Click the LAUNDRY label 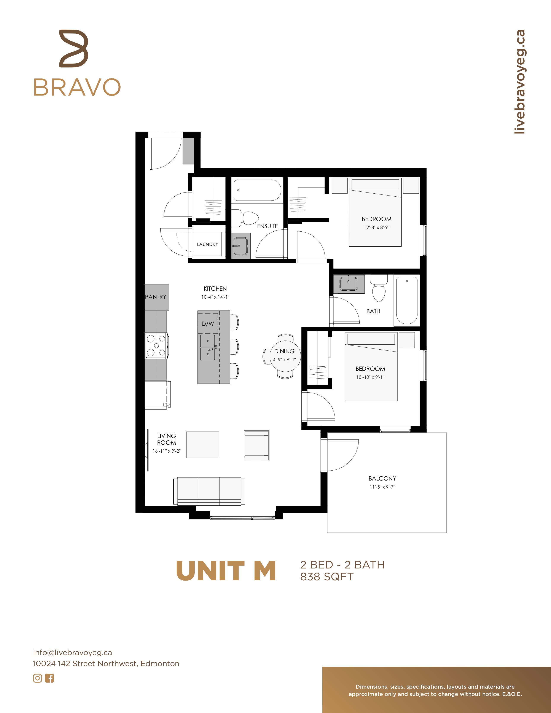[x=207, y=244]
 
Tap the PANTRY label [x=156, y=297]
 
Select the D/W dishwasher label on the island [x=208, y=324]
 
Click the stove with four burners [x=157, y=346]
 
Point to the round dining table [x=284, y=356]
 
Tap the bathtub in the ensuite [x=257, y=190]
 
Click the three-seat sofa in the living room [x=209, y=491]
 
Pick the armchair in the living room [x=256, y=445]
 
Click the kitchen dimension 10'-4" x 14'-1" [x=215, y=297]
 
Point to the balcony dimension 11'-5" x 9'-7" [x=382, y=487]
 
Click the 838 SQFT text [x=327, y=577]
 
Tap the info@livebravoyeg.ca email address [x=72, y=653]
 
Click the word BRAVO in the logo [x=77, y=87]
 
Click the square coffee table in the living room [x=203, y=445]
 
